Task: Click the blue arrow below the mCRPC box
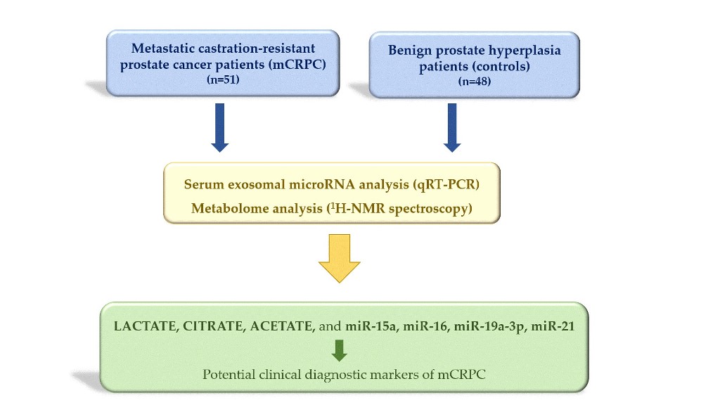point(220,127)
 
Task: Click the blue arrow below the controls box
point(452,127)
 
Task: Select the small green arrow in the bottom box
point(340,350)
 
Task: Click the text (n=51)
point(222,81)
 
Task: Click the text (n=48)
point(475,82)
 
